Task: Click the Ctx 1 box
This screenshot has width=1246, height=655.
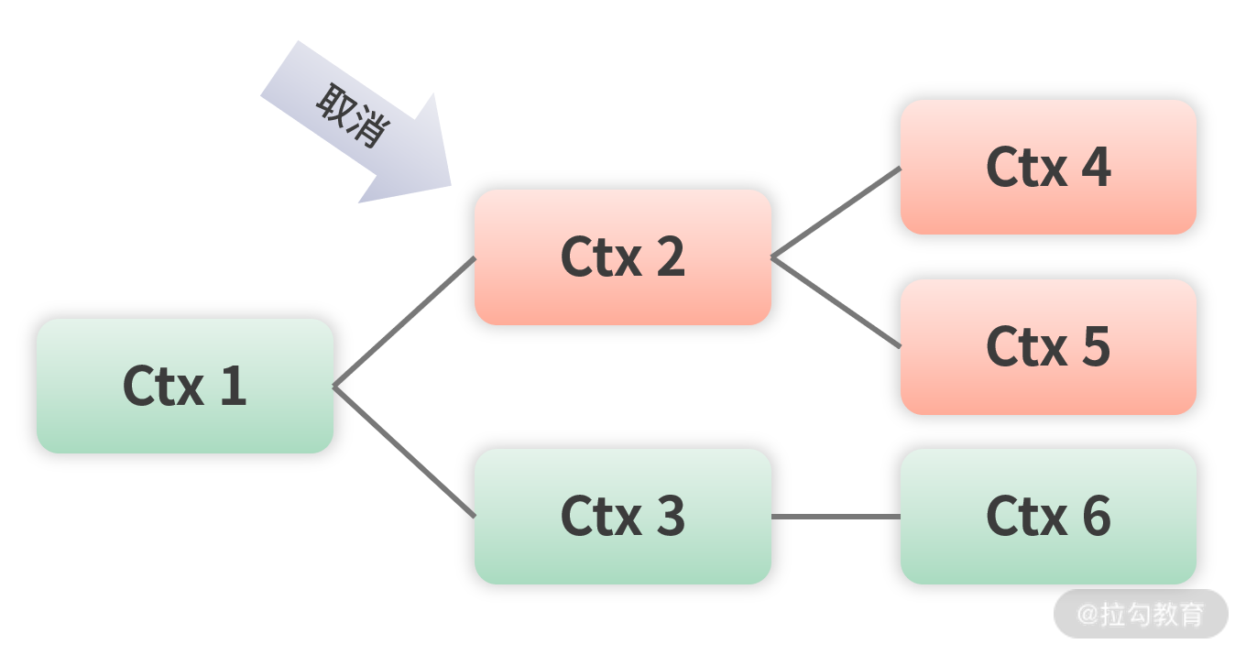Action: [x=184, y=386]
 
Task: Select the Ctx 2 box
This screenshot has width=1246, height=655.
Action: [x=622, y=257]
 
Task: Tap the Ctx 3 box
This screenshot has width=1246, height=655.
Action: [x=622, y=516]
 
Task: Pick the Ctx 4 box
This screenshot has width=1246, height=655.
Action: [x=1048, y=167]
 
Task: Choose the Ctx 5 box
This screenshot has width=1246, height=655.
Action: [x=1048, y=346]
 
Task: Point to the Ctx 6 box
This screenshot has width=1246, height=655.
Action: [x=1048, y=516]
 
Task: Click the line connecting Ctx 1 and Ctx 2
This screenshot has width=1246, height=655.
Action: [x=404, y=322]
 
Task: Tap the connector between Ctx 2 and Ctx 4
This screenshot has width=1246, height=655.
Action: [x=836, y=213]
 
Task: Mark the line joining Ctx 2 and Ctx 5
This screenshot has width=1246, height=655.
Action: [x=836, y=302]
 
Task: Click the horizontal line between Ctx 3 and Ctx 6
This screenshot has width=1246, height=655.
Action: [x=836, y=517]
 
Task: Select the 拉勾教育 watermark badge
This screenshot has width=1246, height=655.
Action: [x=1141, y=614]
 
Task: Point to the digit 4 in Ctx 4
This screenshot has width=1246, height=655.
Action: [x=1095, y=167]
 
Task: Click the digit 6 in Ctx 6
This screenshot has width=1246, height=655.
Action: [x=1096, y=516]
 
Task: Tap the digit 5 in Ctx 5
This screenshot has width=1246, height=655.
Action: [x=1096, y=346]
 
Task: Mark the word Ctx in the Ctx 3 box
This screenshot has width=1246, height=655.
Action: [x=601, y=516]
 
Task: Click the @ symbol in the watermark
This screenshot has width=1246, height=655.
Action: [x=1087, y=615]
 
